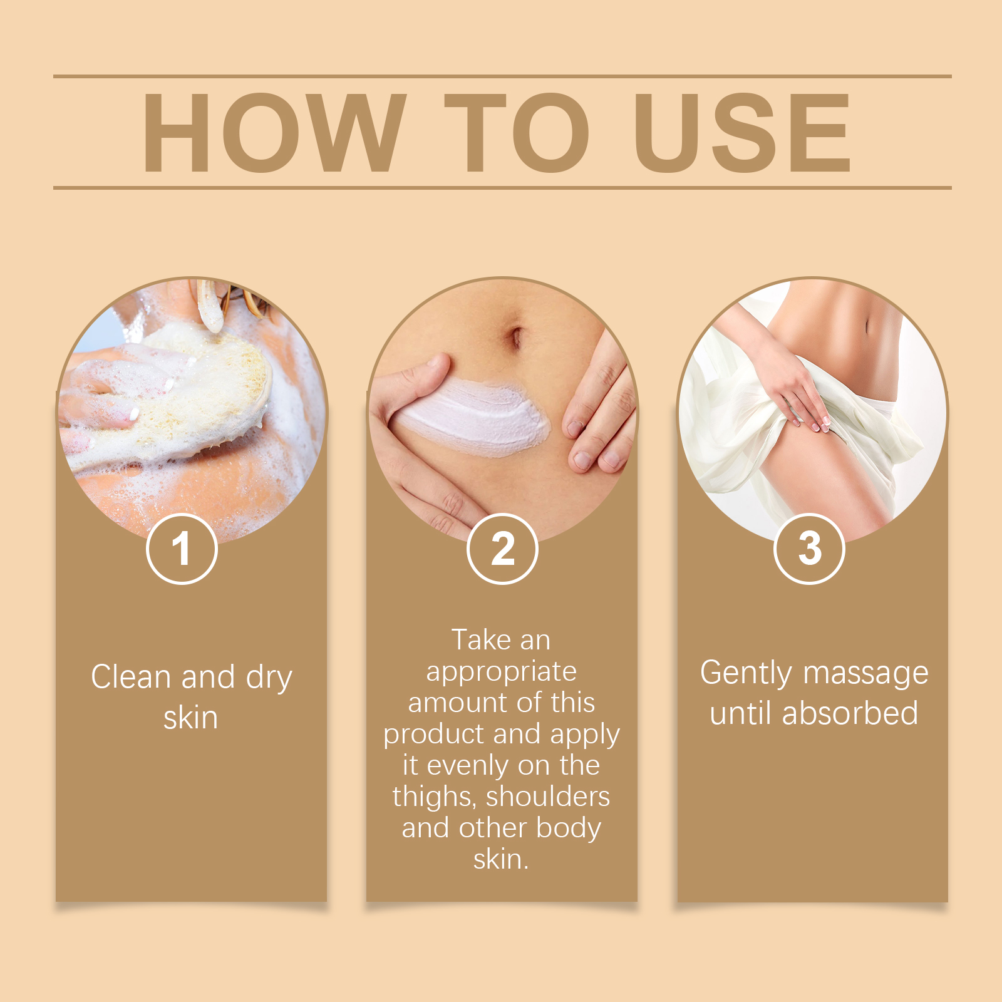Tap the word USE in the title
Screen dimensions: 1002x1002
[x=743, y=132]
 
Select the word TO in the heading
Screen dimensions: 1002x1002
[x=517, y=132]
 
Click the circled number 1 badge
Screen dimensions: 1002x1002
[x=182, y=549]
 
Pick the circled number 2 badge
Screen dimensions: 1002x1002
[x=502, y=549]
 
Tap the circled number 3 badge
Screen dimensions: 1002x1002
[x=810, y=549]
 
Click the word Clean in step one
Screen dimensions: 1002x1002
[x=132, y=677]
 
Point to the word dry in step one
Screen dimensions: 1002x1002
[x=269, y=679]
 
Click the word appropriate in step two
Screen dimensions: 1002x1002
[x=502, y=673]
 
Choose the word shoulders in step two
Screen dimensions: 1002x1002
[x=548, y=797]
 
